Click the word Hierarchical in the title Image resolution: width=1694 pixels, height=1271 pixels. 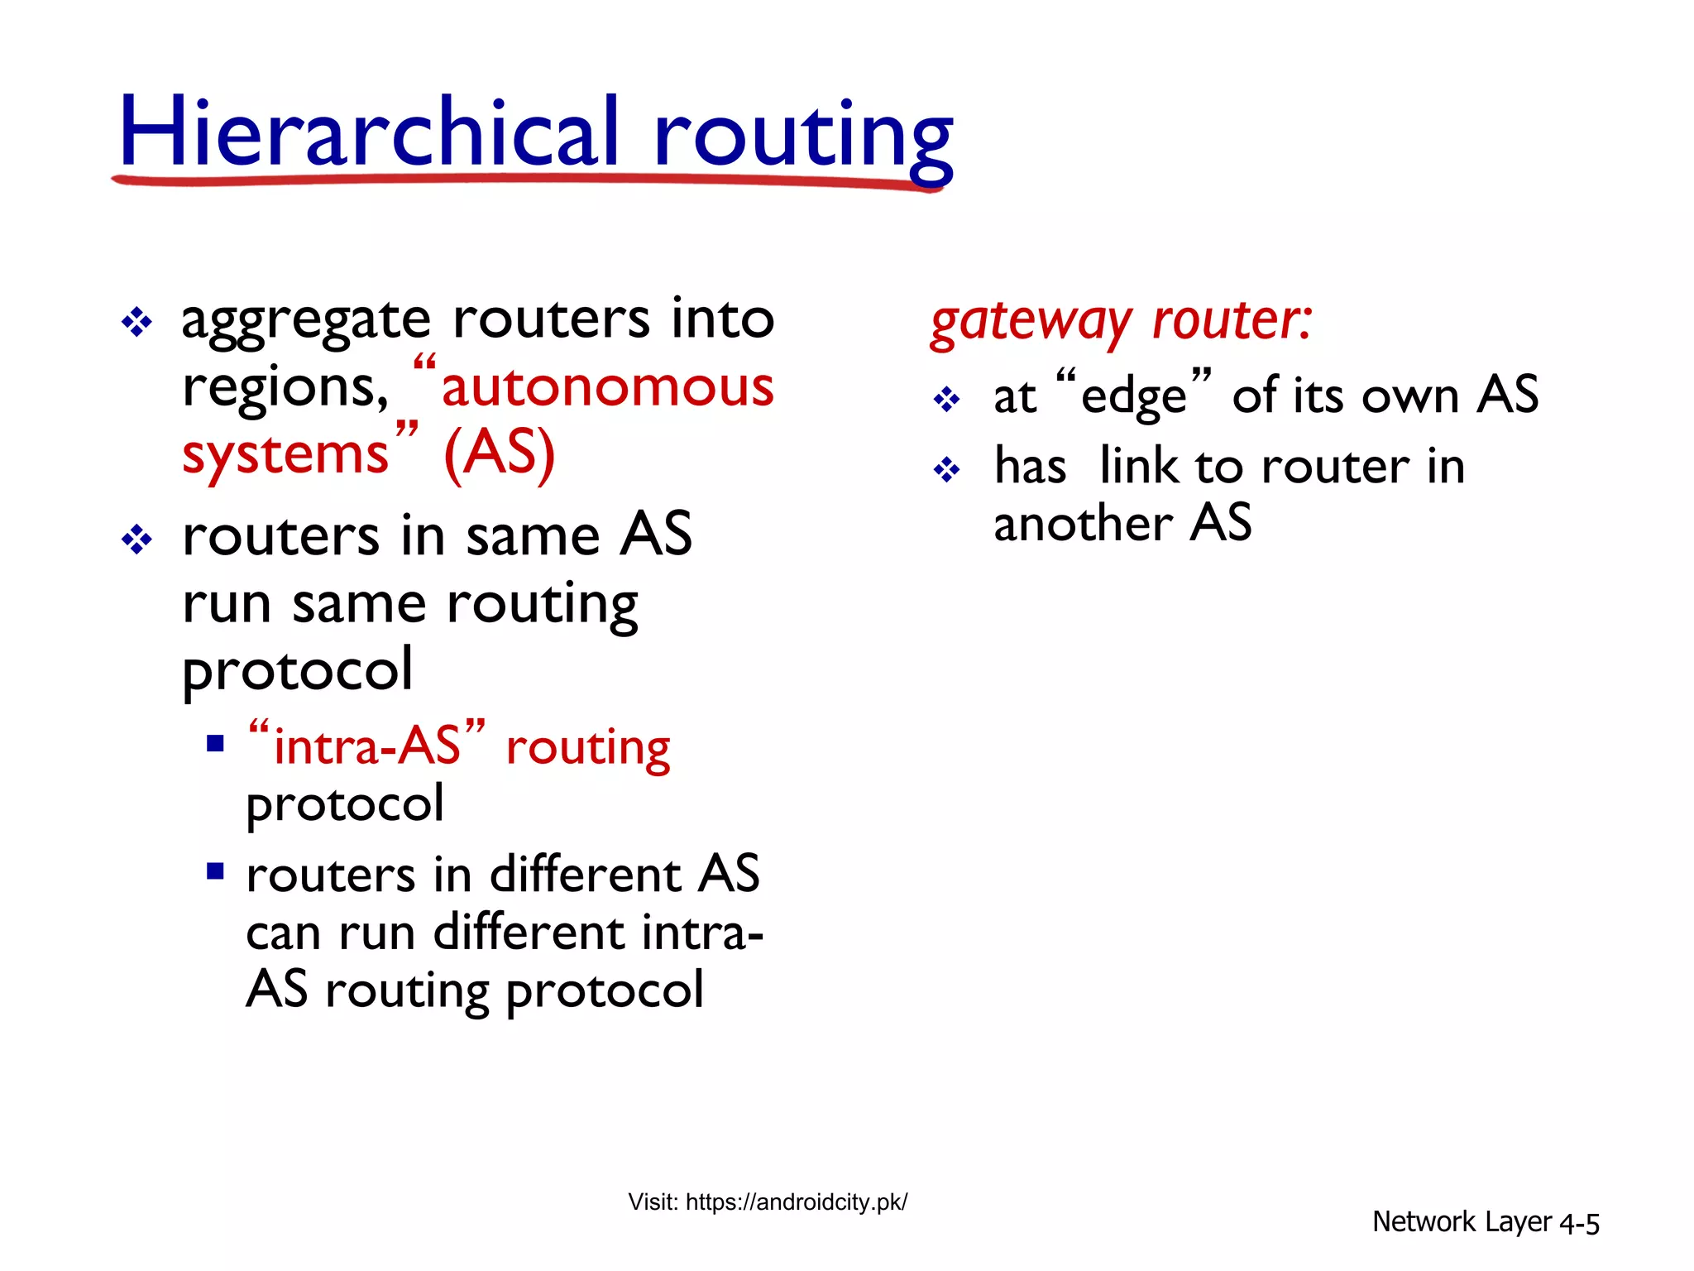pyautogui.click(x=368, y=132)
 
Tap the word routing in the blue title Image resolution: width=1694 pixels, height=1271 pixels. pyautogui.click(x=802, y=137)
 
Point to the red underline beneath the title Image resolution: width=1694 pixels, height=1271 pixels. pyautogui.click(x=529, y=179)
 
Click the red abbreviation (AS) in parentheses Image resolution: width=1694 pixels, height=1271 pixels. pyautogui.click(x=499, y=453)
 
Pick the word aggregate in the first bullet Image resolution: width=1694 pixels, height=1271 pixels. pyautogui.click(x=306, y=321)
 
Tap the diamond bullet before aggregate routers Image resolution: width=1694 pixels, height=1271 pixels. pyautogui.click(x=136, y=322)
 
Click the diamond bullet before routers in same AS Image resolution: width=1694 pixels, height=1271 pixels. pyautogui.click(x=136, y=540)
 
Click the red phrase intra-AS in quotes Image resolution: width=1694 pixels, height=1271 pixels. pyautogui.click(x=366, y=746)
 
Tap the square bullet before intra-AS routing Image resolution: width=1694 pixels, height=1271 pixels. pyautogui.click(x=216, y=743)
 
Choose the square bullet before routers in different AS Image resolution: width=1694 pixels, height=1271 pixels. pyautogui.click(x=216, y=871)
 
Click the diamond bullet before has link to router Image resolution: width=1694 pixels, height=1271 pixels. pyautogui.click(x=946, y=471)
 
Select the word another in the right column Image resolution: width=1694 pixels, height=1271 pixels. pyautogui.click(x=1082, y=525)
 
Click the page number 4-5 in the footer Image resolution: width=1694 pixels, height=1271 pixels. pyautogui.click(x=1578, y=1223)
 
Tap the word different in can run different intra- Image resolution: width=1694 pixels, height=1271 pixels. pyautogui.click(x=529, y=933)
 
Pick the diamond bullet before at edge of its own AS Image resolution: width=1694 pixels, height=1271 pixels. pyautogui.click(x=946, y=400)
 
